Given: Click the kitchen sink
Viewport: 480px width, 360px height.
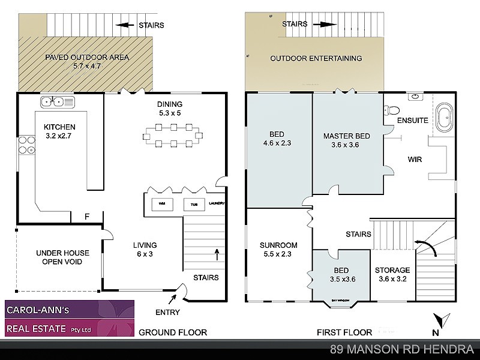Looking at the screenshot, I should pyautogui.click(x=56, y=102).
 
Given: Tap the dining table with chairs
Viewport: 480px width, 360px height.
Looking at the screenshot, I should pyautogui.click(x=173, y=135).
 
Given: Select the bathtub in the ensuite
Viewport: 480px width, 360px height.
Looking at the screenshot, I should pyautogui.click(x=445, y=118).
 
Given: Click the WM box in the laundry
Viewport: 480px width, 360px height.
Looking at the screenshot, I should pyautogui.click(x=162, y=204).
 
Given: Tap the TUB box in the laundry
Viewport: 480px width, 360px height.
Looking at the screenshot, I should pyautogui.click(x=194, y=204).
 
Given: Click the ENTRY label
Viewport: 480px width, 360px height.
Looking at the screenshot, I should pyautogui.click(x=167, y=312).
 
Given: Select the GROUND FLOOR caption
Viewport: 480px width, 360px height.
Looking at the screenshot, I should pyautogui.click(x=173, y=332).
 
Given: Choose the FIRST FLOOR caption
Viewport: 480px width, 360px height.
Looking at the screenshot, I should pyautogui.click(x=344, y=332).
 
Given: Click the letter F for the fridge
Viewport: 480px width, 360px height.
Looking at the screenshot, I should pyautogui.click(x=87, y=217).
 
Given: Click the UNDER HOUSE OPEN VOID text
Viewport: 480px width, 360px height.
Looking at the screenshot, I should pyautogui.click(x=59, y=257).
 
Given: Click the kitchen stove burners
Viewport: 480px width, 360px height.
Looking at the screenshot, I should pyautogui.click(x=26, y=146).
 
